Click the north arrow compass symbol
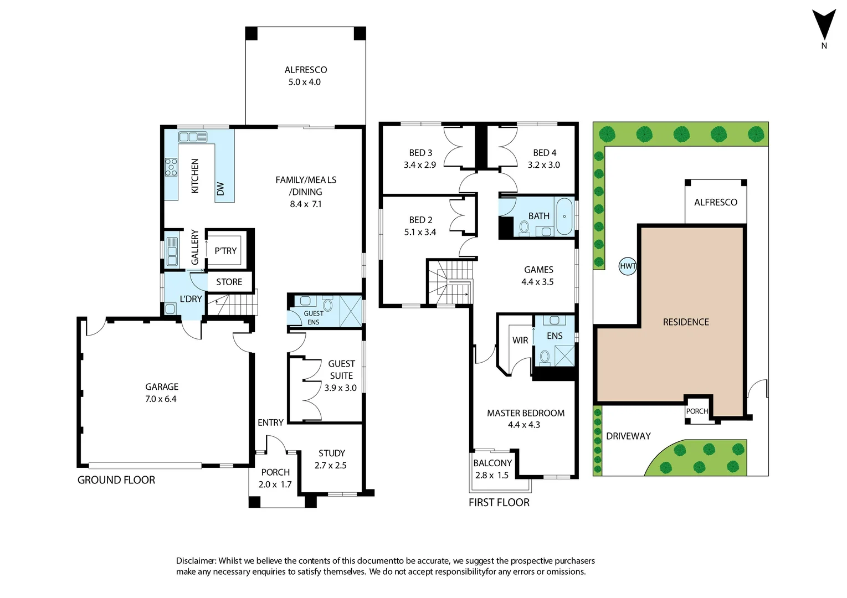pos(824,25)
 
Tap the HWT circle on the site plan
pos(628,266)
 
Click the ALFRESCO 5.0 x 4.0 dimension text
pos(304,82)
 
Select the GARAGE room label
pos(162,386)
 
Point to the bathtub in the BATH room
pos(564,216)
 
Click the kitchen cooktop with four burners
pos(171,167)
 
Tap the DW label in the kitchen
pos(220,189)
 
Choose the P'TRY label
pos(225,251)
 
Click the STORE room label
pos(229,282)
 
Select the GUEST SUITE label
pos(341,369)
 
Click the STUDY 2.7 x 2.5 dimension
pos(331,466)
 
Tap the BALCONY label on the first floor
pos(492,463)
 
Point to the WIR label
pos(520,340)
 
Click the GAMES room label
pos(538,270)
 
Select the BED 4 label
pos(545,152)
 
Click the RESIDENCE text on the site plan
pos(686,322)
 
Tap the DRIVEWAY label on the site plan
pos(628,436)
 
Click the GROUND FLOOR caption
pos(116,480)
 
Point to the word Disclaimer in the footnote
pos(196,561)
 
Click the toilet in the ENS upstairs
pos(545,357)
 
